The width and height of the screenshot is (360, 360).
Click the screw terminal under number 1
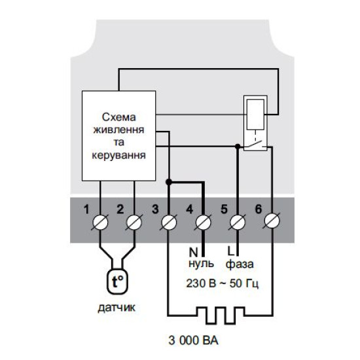pos(100,223)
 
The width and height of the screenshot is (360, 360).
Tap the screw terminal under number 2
pos(134,223)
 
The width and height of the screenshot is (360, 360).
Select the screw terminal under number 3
pos(169,223)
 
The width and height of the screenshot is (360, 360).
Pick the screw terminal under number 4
pos(203,223)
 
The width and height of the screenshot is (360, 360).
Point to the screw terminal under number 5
pos(238,223)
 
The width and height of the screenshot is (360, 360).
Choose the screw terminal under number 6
pos(272,221)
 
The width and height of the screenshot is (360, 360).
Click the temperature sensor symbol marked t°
pos(117,281)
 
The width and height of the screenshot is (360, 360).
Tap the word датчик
pos(117,308)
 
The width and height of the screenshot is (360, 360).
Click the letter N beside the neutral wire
pos(193,252)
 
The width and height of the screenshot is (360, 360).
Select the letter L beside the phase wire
pos(230,251)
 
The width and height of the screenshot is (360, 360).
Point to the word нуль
pos(201,264)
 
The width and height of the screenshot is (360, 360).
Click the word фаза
pos(240,264)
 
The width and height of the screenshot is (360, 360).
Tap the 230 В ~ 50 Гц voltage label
pos(223,283)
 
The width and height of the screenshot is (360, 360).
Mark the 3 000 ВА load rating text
pos(193,340)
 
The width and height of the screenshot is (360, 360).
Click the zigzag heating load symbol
pos(221,315)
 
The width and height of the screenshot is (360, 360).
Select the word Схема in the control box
pos(118,117)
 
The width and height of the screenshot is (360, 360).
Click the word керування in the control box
pos(118,155)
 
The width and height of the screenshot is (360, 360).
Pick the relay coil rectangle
pos(255,114)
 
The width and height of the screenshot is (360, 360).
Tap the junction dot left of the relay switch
pos(238,146)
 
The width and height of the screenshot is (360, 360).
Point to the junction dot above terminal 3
pos(169,182)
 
